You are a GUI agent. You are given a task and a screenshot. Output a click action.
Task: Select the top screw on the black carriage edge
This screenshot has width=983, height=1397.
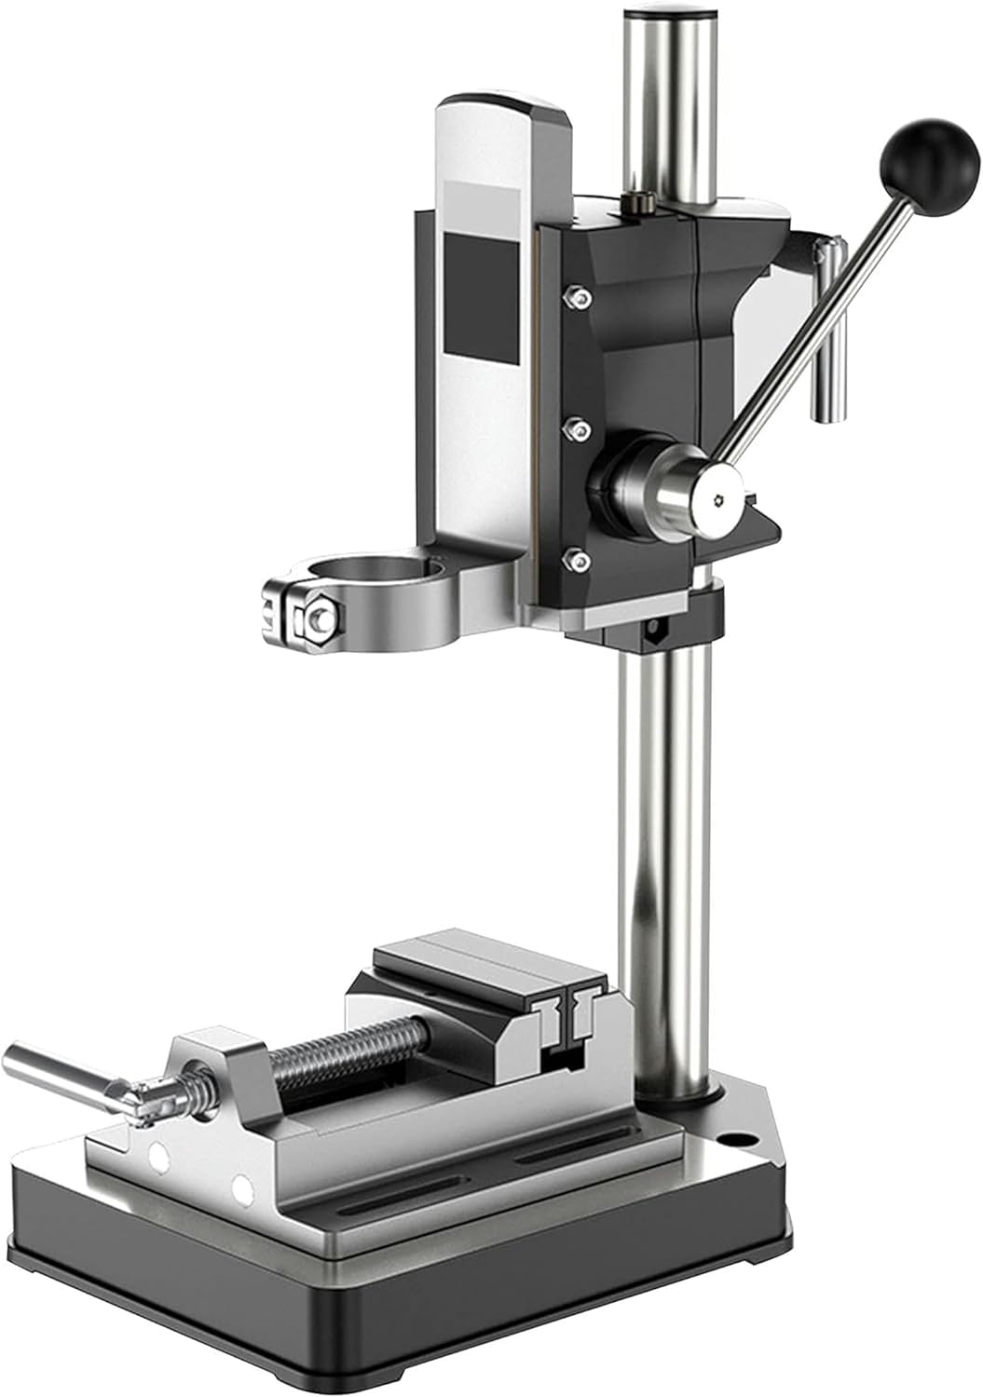580,298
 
